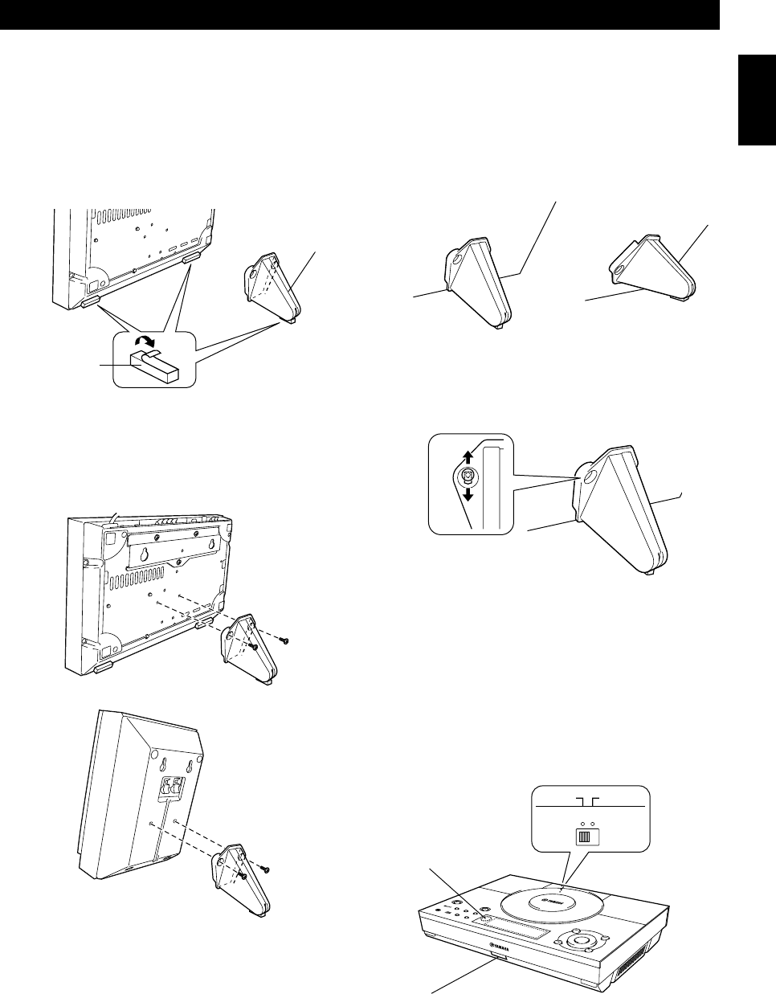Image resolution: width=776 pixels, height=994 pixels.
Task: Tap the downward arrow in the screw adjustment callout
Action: (465, 492)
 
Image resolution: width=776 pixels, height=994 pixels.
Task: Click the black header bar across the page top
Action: (359, 15)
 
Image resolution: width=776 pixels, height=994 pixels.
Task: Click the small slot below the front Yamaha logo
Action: (498, 958)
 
